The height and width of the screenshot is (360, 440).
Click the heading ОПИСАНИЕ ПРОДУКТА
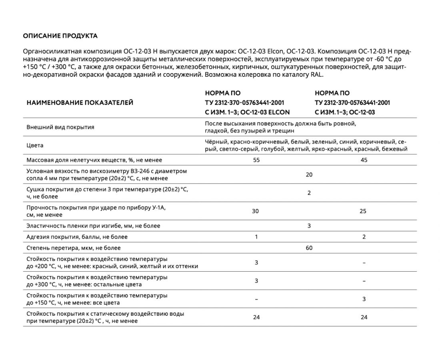[x=60, y=36]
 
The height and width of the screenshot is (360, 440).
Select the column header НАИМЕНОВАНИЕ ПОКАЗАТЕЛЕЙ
[x=80, y=103]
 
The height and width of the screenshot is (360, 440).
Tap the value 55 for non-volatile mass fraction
[x=256, y=160]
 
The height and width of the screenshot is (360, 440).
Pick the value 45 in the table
[x=364, y=160]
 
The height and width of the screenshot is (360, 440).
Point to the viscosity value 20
[x=309, y=174]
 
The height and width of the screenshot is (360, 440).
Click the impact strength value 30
[x=256, y=211]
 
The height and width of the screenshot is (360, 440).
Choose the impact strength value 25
[x=363, y=211]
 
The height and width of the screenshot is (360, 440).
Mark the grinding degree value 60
[x=309, y=248]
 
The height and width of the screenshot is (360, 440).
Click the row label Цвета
[x=35, y=145]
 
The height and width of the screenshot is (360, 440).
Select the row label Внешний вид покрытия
[x=60, y=127]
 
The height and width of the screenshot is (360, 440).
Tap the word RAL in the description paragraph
[x=316, y=75]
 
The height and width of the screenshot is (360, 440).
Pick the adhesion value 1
[x=256, y=237]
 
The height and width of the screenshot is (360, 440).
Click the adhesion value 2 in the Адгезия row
[x=364, y=237]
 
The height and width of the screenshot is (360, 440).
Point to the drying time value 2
[x=309, y=193]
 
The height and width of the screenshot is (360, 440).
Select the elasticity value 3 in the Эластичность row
[x=309, y=226]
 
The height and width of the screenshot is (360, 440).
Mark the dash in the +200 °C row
[x=364, y=263]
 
